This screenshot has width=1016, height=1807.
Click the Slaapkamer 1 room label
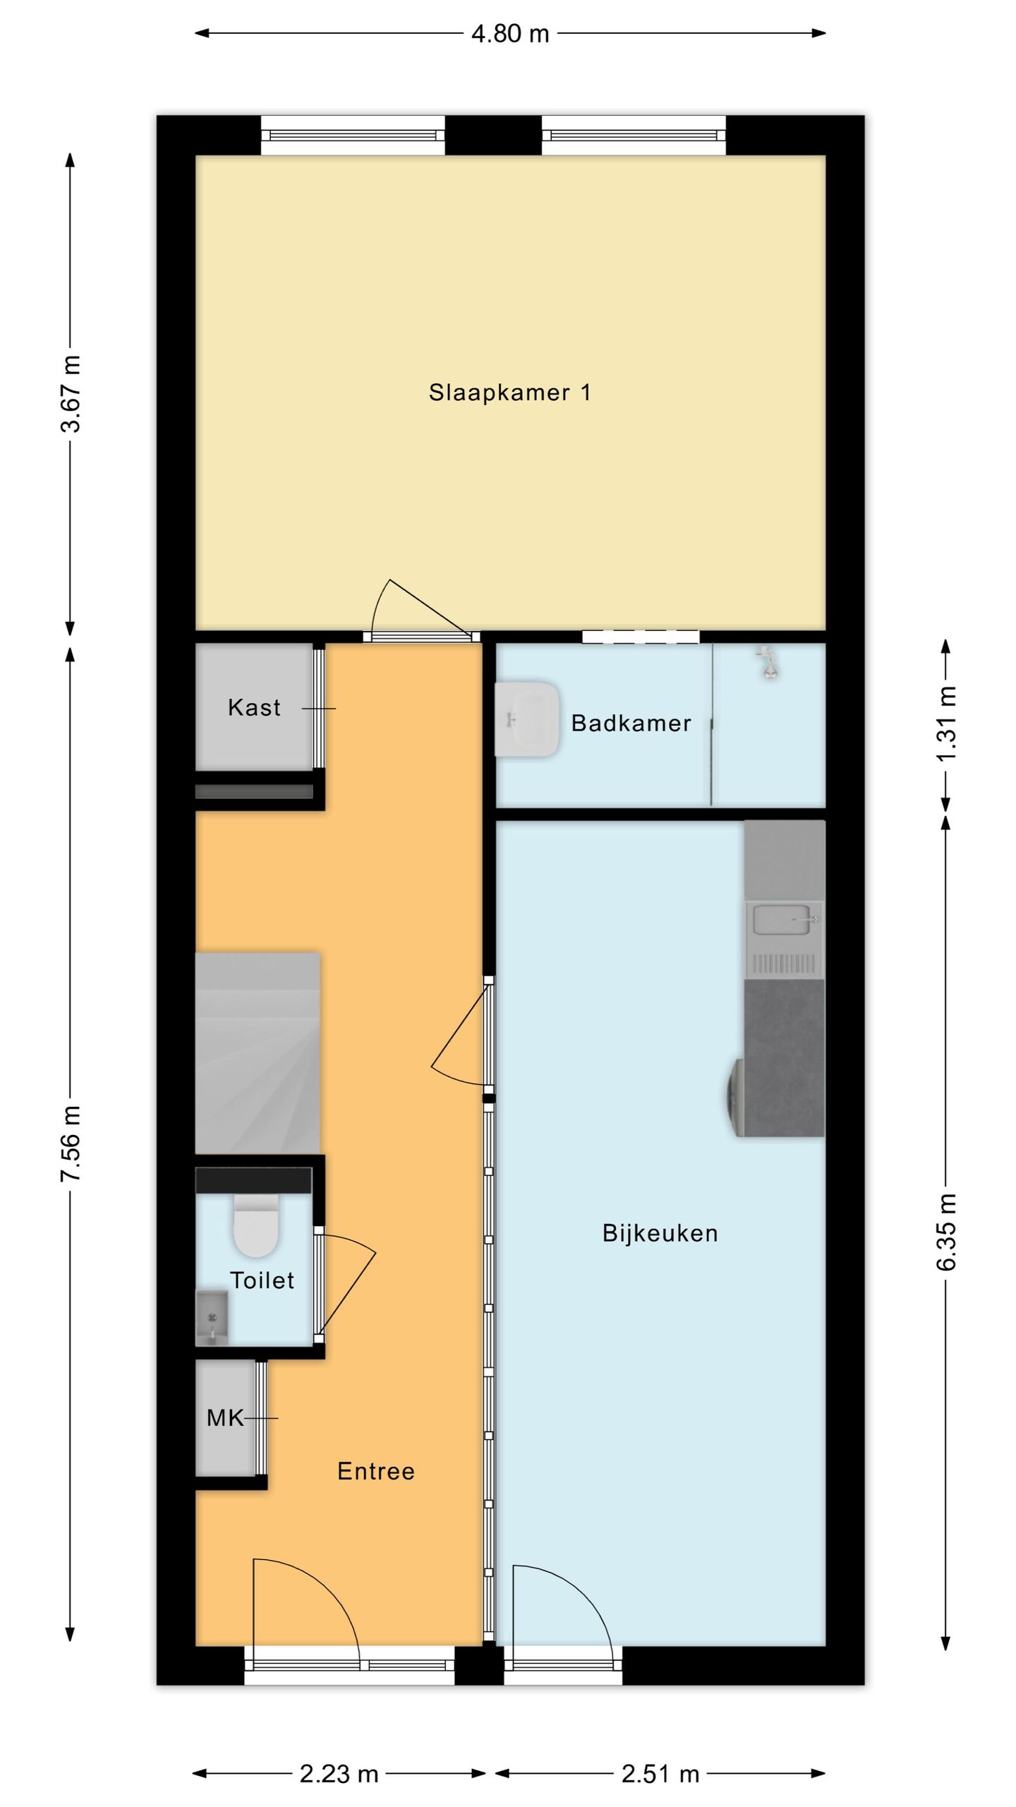[x=509, y=392]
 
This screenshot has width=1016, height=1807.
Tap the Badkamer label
[x=631, y=723]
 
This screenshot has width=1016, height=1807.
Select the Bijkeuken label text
[x=660, y=1233]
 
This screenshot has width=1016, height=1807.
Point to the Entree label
[x=376, y=1472]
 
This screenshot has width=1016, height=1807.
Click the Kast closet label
[x=254, y=707]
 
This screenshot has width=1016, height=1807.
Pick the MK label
[x=225, y=1418]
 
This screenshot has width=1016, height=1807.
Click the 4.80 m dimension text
[x=510, y=33]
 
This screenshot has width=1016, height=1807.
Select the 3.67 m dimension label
[x=71, y=393]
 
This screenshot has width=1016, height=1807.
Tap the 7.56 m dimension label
[x=71, y=1143]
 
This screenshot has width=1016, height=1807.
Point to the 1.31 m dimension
[x=947, y=724]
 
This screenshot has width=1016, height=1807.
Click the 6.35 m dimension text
[x=947, y=1232]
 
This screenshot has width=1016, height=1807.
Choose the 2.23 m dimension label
[x=339, y=1774]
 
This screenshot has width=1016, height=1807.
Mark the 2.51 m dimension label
[x=660, y=1774]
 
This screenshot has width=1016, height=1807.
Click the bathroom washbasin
[x=527, y=719]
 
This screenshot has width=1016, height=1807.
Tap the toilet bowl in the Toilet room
[x=256, y=1227]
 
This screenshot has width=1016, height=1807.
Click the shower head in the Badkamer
[x=767, y=662]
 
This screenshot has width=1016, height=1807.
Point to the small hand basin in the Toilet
[x=212, y=1319]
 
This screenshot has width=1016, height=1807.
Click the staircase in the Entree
[x=258, y=1053]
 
